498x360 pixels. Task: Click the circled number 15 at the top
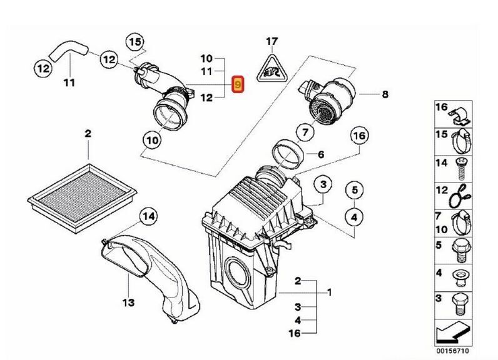[136, 42]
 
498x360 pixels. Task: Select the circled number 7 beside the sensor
[304, 132]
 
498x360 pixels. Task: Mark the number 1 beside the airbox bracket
[329, 292]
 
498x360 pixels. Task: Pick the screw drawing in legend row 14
[462, 165]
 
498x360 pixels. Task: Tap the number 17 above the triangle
[271, 42]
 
